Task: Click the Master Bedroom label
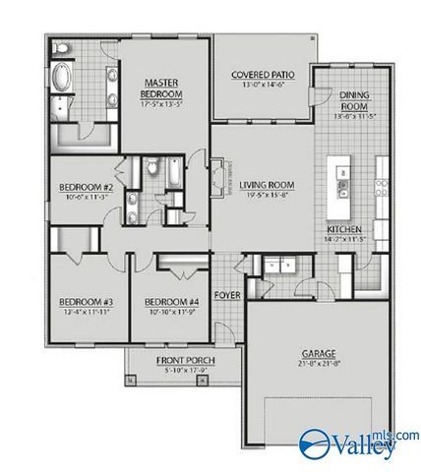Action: point(159,88)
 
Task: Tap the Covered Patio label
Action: point(261,75)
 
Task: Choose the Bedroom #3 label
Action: point(75,302)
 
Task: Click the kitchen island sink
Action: point(342,185)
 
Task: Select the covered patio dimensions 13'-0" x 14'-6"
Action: point(261,86)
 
